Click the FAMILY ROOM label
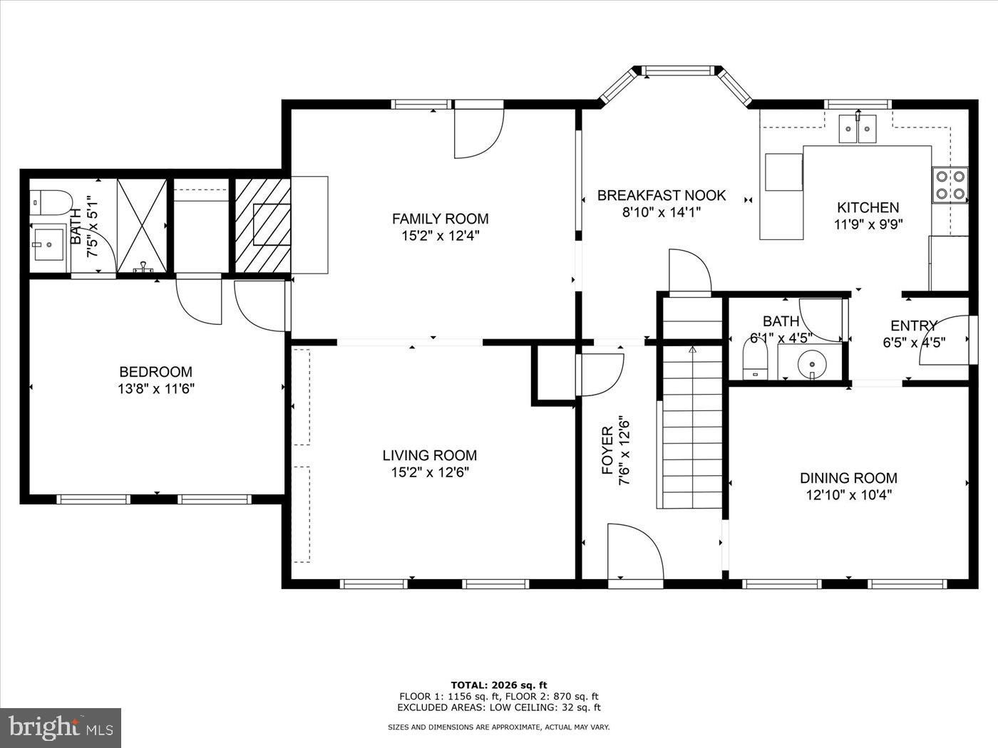point(440,219)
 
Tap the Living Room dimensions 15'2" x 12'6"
point(429,472)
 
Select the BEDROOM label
point(155,372)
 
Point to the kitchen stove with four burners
point(950,184)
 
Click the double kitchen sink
point(858,129)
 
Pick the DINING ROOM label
point(848,478)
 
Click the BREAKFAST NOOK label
point(662,195)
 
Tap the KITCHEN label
point(868,207)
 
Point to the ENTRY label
point(913,326)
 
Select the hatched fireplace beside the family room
point(262,224)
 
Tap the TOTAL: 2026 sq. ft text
point(498,685)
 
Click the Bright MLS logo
point(61,727)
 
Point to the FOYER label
point(607,451)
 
